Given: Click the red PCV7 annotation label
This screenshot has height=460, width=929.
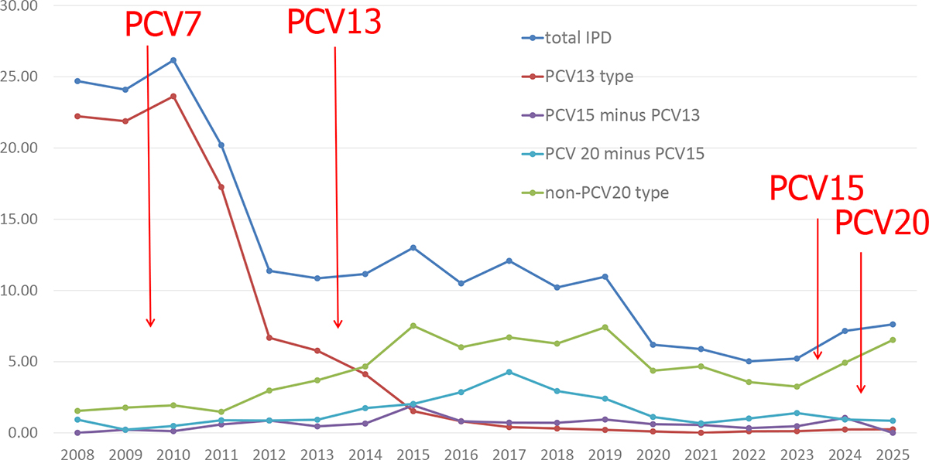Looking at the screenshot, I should click(x=163, y=24).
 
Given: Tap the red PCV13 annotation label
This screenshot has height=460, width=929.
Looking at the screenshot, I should click(x=334, y=22).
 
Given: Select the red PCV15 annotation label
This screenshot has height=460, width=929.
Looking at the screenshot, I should click(x=816, y=189).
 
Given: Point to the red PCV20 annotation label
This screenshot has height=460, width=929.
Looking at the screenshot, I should click(x=881, y=223).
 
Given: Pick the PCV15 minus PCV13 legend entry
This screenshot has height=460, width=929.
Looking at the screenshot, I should click(x=611, y=114).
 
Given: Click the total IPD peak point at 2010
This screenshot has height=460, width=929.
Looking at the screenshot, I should click(x=173, y=60).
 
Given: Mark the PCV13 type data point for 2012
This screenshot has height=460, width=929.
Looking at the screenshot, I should click(x=269, y=338).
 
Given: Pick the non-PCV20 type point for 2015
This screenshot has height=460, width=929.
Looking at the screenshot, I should click(x=413, y=325).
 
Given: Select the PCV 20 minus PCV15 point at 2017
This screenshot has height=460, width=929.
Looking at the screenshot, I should click(x=509, y=372).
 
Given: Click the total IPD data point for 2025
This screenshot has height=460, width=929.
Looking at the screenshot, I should click(x=892, y=324).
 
